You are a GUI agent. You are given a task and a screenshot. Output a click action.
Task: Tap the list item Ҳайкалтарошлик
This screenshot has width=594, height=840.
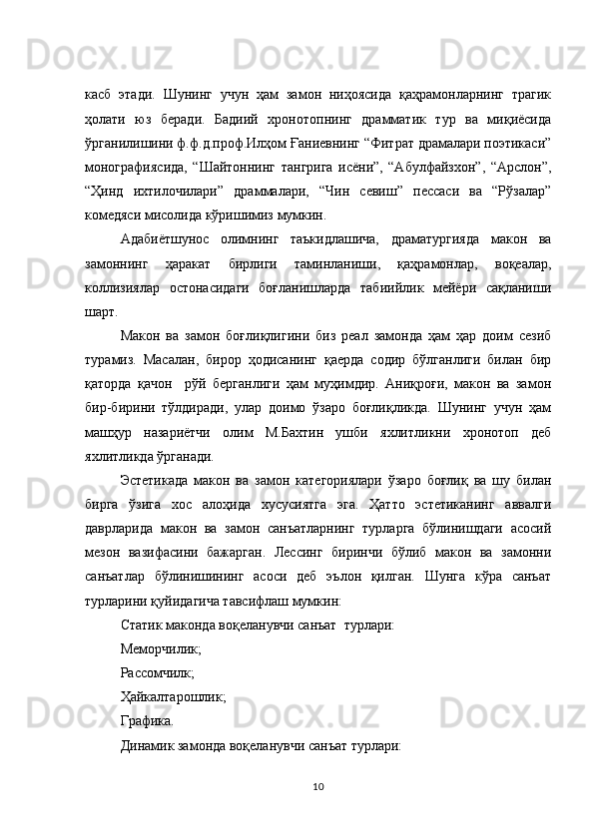pyautogui.click(x=173, y=697)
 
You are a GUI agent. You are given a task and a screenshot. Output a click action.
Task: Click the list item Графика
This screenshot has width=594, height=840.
pyautogui.click(x=146, y=721)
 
